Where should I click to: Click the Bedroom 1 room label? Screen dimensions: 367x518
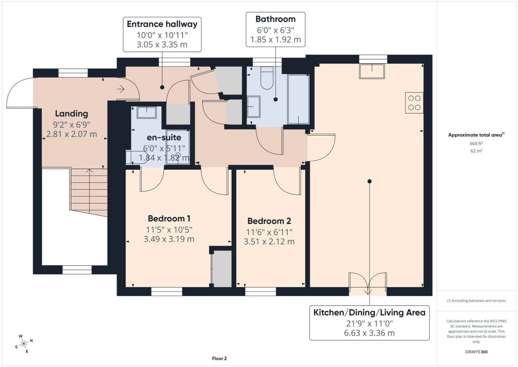tap(169, 218)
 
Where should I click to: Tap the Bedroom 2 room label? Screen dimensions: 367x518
tap(269, 221)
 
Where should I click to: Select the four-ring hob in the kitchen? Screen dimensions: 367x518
tap(414, 103)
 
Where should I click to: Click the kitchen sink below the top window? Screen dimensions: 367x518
tap(372, 71)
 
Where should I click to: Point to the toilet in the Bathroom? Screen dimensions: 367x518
tap(267, 78)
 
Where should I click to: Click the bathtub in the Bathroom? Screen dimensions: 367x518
tap(298, 99)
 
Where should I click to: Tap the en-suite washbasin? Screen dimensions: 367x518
tap(146, 112)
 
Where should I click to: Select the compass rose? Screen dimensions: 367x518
tap(24, 344)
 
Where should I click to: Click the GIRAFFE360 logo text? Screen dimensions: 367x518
tap(476, 352)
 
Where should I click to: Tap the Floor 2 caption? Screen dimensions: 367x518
tap(219, 358)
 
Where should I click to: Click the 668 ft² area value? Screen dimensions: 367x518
tap(476, 144)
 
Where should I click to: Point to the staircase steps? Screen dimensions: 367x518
tap(89, 192)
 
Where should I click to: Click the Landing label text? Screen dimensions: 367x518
tap(71, 114)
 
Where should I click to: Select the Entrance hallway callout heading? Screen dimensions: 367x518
tap(162, 24)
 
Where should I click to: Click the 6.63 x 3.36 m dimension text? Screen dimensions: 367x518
tap(369, 333)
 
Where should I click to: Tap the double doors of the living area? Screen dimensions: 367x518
tap(368, 284)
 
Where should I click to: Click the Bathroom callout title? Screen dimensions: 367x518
tap(275, 19)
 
